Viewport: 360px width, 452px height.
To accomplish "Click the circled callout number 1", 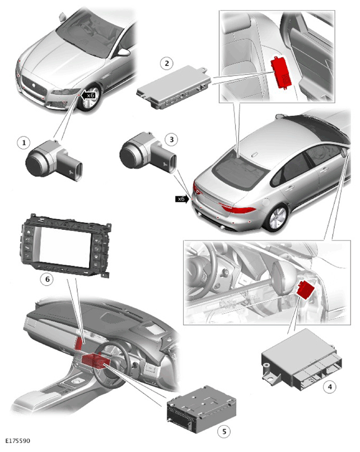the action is point(24,143).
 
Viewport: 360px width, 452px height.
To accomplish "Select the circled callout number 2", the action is point(167,63).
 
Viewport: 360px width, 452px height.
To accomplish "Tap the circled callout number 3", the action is point(172,139).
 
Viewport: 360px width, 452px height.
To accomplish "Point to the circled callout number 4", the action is point(330,387).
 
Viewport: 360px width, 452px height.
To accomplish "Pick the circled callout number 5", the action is point(224,431).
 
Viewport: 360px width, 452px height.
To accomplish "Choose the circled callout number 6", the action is point(47,279).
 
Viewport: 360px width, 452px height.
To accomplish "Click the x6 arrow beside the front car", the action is point(88,96).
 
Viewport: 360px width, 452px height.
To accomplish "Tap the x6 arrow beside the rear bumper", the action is point(183,199).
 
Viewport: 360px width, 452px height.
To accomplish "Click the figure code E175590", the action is point(17,440).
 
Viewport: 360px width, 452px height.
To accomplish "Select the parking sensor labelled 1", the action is point(54,161).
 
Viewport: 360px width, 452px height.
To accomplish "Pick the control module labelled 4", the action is point(302,360).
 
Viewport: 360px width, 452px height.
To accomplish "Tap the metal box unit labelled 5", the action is point(202,409).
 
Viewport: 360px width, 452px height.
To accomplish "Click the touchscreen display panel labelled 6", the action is point(64,246).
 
